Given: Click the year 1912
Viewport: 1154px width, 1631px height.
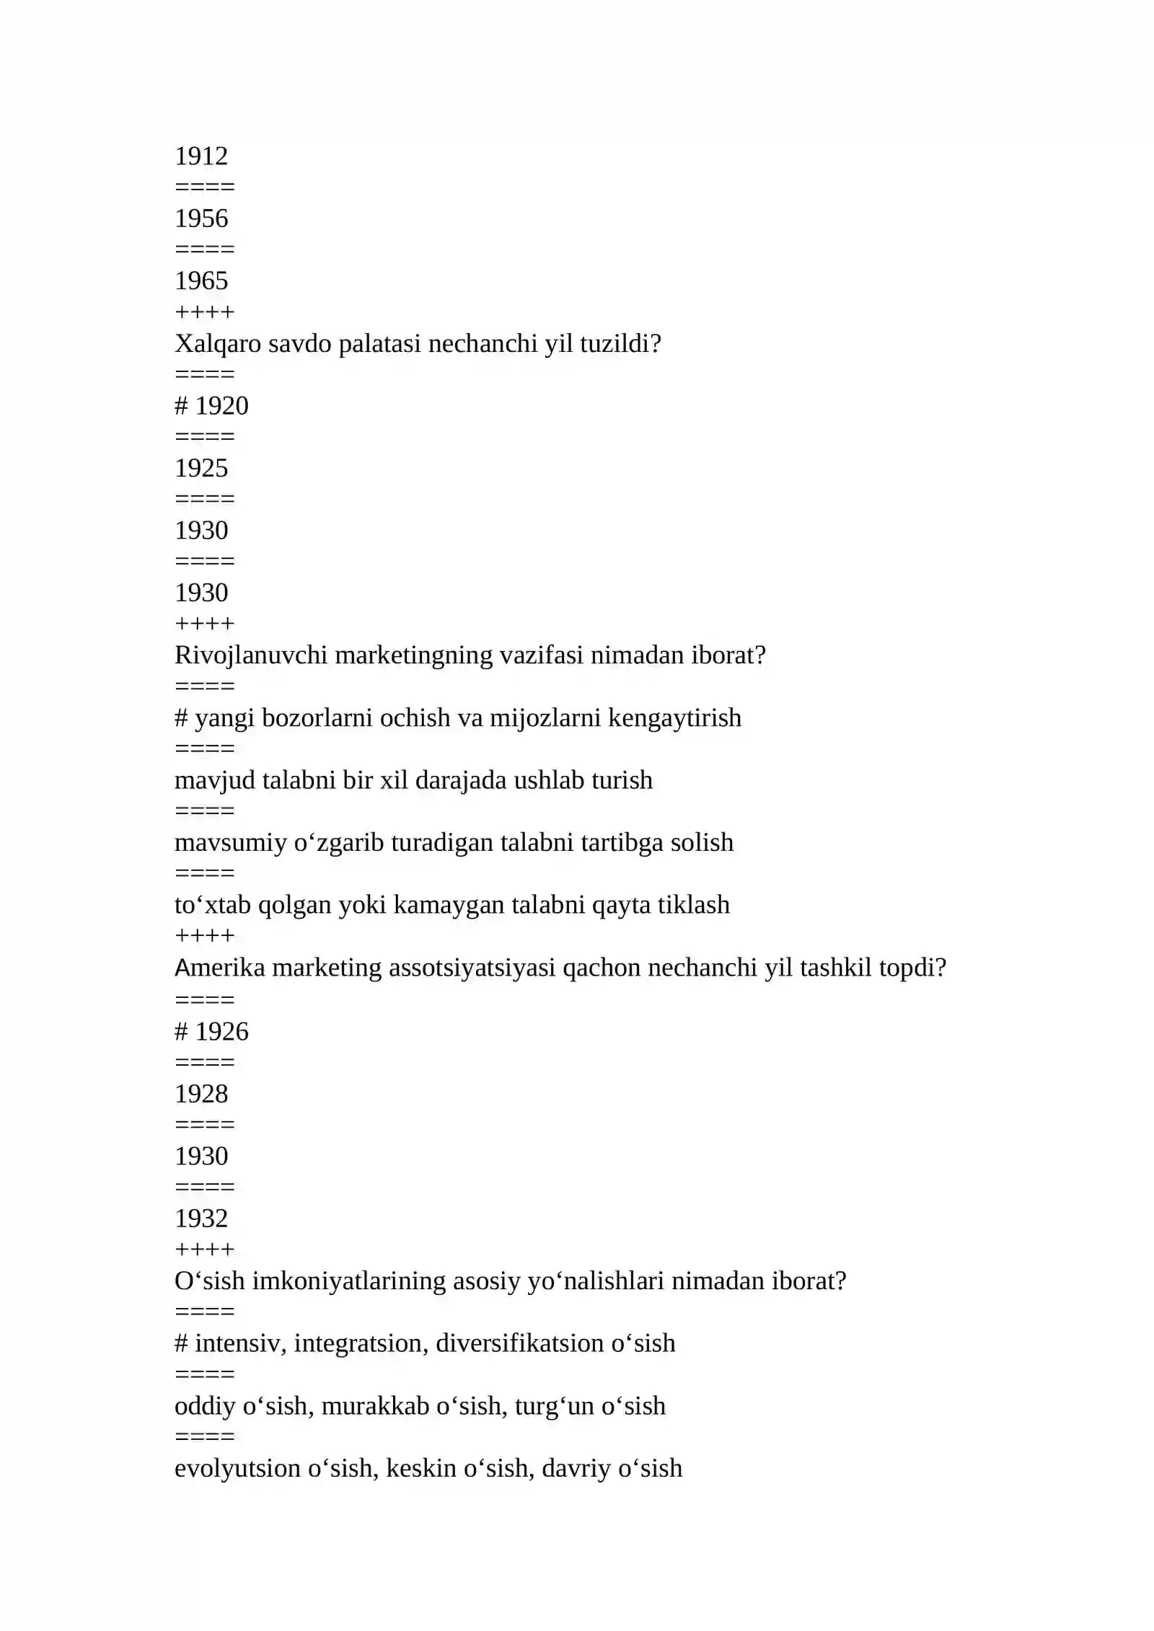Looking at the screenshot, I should pos(201,156).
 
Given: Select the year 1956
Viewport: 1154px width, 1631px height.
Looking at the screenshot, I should pos(201,218).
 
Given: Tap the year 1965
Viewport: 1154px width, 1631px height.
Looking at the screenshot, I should pos(201,281).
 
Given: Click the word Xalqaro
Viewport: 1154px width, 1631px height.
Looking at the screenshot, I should pos(218,344).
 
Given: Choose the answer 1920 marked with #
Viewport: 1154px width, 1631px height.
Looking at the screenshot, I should pos(221,406).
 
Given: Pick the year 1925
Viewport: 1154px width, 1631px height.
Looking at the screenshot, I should pos(201,469).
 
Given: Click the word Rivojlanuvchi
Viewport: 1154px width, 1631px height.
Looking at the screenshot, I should pos(251,655).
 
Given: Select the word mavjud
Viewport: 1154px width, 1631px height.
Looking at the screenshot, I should pos(215,780).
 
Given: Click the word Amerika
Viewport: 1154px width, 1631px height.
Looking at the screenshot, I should pos(220,968).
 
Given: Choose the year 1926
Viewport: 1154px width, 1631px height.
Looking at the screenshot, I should pos(221,1032).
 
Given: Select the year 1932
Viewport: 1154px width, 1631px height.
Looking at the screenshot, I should pos(201,1219).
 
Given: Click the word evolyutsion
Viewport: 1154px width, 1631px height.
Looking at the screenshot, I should pos(237,1468).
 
